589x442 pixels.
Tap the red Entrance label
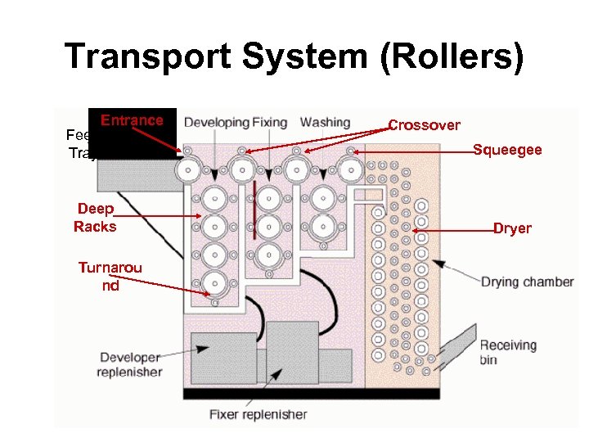[x=132, y=120]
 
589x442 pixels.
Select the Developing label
[x=216, y=123]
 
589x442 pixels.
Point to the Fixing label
[x=269, y=123]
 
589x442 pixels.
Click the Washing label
[x=325, y=123]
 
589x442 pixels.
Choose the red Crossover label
[x=424, y=125]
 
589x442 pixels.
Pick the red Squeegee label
[x=507, y=150]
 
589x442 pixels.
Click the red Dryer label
[x=512, y=228]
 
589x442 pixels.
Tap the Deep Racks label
[x=95, y=218]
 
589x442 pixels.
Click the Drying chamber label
[x=527, y=282]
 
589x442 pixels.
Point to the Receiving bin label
[x=508, y=352]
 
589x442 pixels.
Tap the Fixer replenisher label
[x=258, y=414]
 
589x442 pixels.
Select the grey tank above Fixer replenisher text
[x=291, y=353]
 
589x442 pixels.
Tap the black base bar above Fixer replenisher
[x=327, y=394]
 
